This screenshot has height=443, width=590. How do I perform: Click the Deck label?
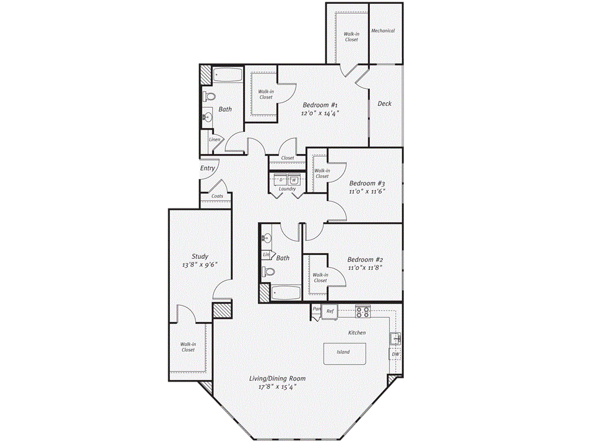click(x=384, y=104)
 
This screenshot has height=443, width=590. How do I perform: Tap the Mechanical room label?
click(x=383, y=31)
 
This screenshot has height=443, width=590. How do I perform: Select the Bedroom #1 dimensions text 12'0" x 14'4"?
click(x=319, y=114)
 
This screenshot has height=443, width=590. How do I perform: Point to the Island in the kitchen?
click(x=343, y=352)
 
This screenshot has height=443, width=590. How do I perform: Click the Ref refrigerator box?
click(x=330, y=311)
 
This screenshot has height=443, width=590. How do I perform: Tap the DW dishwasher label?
click(x=396, y=354)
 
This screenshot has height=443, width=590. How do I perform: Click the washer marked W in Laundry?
click(x=294, y=179)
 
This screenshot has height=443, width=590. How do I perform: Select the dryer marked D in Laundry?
click(x=281, y=179)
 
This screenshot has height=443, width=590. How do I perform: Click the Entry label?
click(x=207, y=168)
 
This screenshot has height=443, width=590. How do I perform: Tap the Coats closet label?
click(x=217, y=196)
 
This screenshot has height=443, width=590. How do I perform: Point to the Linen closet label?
click(x=214, y=140)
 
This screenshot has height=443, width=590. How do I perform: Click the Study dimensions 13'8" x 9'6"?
click(x=200, y=266)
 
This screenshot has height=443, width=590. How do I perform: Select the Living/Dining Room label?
click(x=277, y=378)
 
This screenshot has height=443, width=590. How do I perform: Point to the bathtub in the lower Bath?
click(x=285, y=293)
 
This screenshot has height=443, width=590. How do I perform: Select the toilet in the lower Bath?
click(x=268, y=271)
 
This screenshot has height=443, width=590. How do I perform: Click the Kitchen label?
click(x=357, y=333)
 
